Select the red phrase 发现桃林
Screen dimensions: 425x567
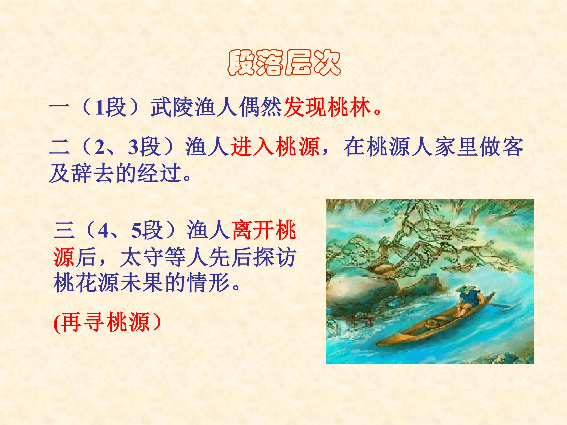click(x=327, y=107)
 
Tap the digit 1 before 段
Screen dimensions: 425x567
click(x=99, y=108)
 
